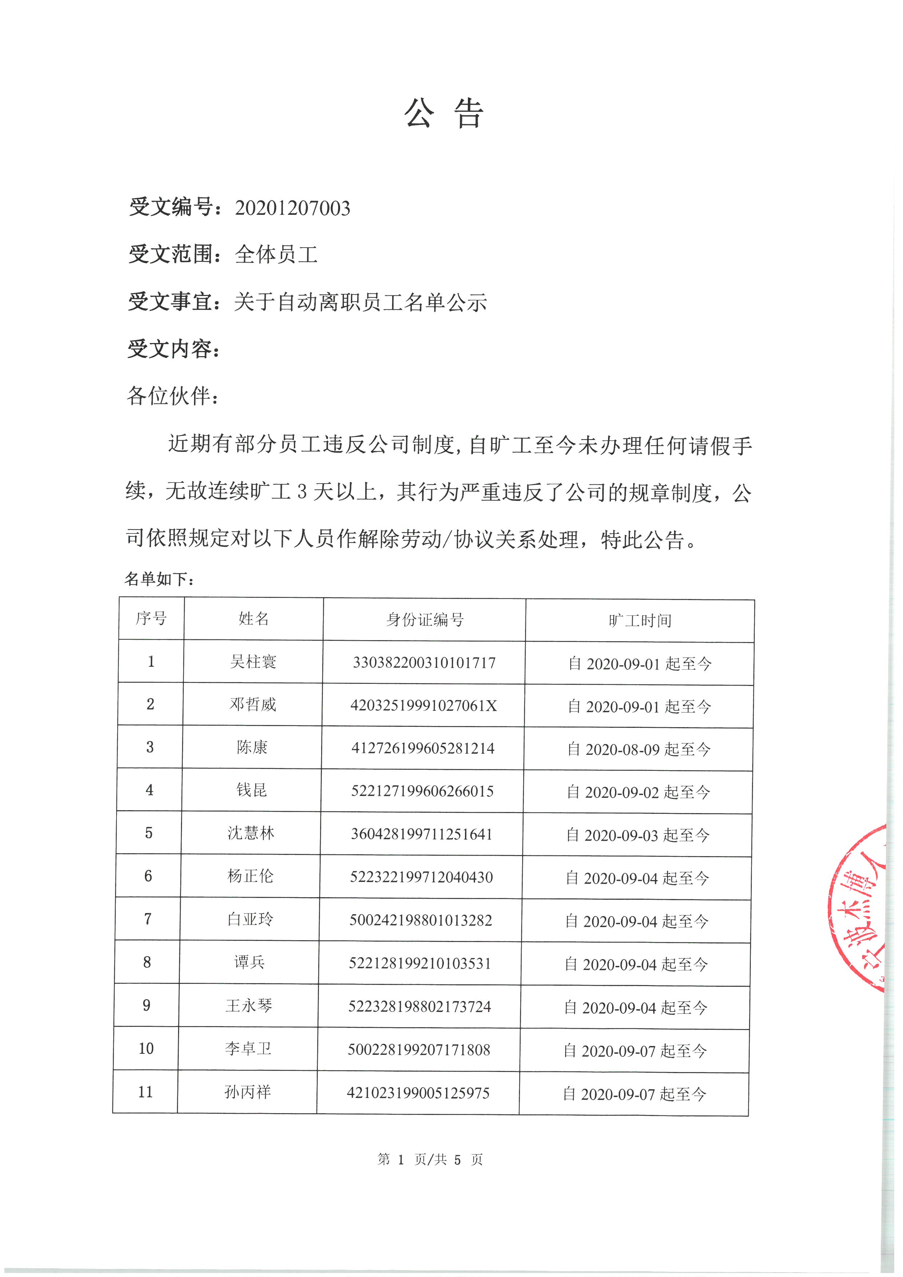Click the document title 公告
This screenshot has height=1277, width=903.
(x=444, y=114)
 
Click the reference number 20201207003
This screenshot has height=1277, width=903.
(x=292, y=208)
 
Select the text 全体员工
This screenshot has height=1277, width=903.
(x=276, y=255)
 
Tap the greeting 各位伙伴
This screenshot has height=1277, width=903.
(x=172, y=396)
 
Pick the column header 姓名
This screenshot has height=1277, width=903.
(x=253, y=619)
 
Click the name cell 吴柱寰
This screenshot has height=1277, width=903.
(x=253, y=662)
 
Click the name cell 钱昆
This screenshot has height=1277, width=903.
(x=251, y=790)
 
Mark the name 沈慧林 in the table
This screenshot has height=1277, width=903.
(x=251, y=833)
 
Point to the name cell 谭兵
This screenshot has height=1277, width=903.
(x=249, y=962)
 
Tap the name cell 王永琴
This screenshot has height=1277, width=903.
(x=249, y=1006)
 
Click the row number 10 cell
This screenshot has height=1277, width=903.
(x=146, y=1048)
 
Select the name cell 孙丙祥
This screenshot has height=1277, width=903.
(x=248, y=1092)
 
